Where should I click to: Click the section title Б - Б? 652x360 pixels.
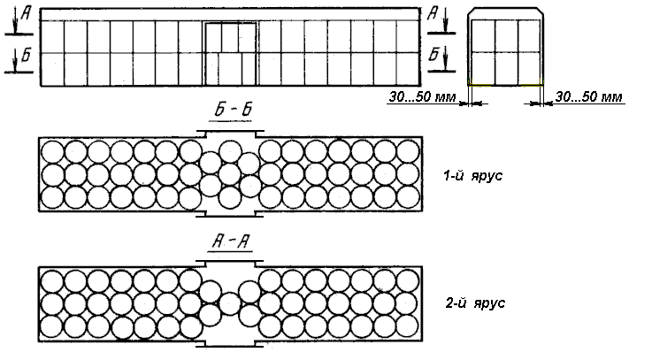coord(234,110)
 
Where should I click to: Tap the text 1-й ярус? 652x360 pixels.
coord(472,175)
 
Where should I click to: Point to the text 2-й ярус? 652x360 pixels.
coord(475,303)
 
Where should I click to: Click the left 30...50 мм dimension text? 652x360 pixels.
coord(422,97)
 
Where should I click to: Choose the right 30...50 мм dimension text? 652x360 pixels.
coord(589,97)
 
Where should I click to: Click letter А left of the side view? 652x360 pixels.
coord(27,14)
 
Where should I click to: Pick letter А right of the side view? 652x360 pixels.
coord(433,14)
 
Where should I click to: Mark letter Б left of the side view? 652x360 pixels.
coord(27,55)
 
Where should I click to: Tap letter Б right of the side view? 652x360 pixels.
coord(433,54)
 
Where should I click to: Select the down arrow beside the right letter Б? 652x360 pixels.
coord(445,58)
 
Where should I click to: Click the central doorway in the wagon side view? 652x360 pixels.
coord(230,54)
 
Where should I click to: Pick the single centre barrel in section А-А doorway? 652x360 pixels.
coord(230,304)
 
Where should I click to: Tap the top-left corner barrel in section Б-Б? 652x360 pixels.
coord(52,151)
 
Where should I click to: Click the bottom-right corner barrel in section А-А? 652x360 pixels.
coord(408,326)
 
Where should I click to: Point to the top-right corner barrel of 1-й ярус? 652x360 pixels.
coord(408,151)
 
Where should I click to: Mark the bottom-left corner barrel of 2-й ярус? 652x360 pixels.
coord(52,326)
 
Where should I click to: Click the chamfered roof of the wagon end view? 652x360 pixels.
coord(505,13)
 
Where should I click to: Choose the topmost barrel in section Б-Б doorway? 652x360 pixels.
coord(230,152)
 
